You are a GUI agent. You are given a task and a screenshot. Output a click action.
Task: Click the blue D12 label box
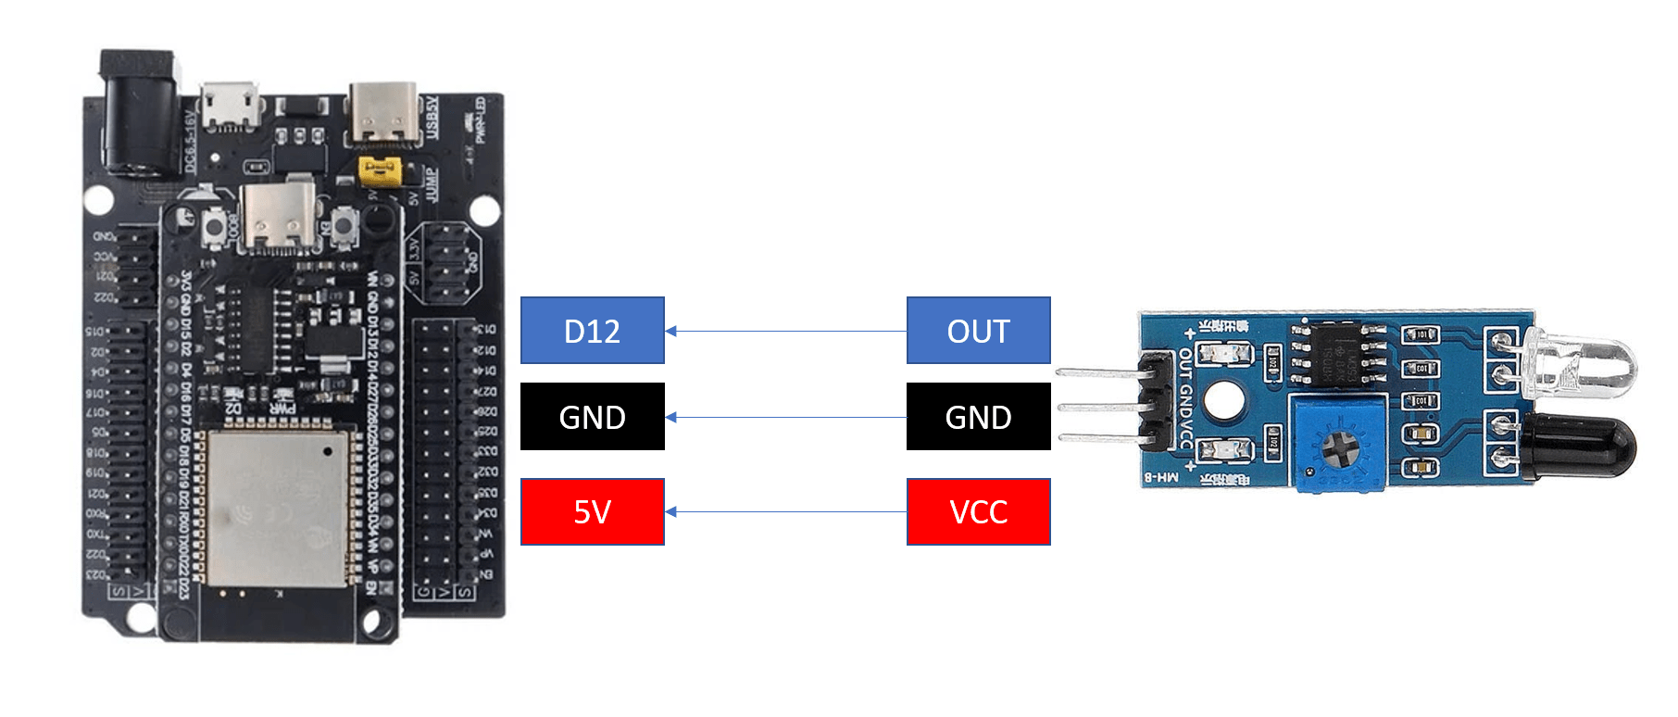click(593, 331)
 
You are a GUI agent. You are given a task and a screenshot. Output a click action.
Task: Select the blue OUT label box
click(978, 331)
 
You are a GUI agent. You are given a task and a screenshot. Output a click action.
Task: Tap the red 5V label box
click(593, 511)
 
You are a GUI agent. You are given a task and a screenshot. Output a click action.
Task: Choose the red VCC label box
click(978, 511)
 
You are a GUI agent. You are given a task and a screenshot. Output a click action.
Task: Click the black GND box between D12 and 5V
click(593, 417)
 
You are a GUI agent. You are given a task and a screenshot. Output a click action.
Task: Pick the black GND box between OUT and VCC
click(978, 417)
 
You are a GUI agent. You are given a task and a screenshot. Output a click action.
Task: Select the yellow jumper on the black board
click(380, 170)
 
